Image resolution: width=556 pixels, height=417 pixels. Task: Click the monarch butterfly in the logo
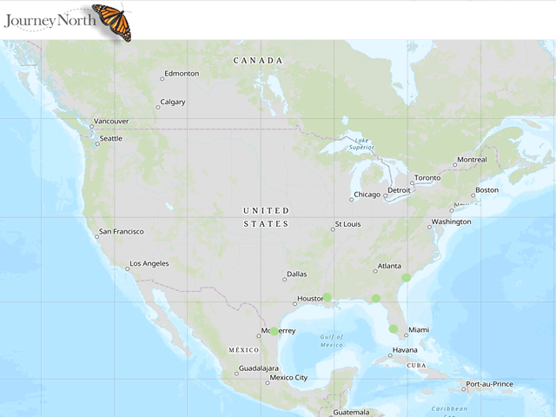pyautogui.click(x=112, y=21)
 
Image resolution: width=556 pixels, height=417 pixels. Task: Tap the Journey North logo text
pyautogui.click(x=45, y=18)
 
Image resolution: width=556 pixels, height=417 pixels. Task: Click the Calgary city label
pyautogui.click(x=172, y=103)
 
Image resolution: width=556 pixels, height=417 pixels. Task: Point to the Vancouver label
pyautogui.click(x=111, y=122)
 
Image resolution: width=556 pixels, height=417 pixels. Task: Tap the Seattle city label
pyautogui.click(x=110, y=139)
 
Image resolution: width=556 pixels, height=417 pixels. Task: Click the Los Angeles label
pyautogui.click(x=149, y=264)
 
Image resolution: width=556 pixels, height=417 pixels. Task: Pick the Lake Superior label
pyautogui.click(x=361, y=143)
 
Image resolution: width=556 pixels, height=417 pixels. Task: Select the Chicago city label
pyautogui.click(x=366, y=195)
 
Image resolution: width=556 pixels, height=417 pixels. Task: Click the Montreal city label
pyautogui.click(x=472, y=160)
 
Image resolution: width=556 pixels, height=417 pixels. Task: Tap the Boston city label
pyautogui.click(x=486, y=190)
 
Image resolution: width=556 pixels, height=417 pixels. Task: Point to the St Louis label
pyautogui.click(x=347, y=225)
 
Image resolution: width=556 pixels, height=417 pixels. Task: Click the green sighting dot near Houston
pyautogui.click(x=328, y=297)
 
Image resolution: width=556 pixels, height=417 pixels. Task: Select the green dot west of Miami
pyautogui.click(x=394, y=328)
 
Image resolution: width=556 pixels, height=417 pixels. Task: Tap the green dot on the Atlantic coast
pyautogui.click(x=406, y=277)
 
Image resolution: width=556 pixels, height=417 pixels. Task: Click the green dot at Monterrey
pyautogui.click(x=275, y=331)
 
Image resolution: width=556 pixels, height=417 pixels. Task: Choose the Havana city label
pyautogui.click(x=404, y=351)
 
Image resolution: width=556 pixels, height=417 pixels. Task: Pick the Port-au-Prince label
pyautogui.click(x=489, y=384)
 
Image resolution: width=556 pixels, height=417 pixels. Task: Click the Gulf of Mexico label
pyautogui.click(x=331, y=341)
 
